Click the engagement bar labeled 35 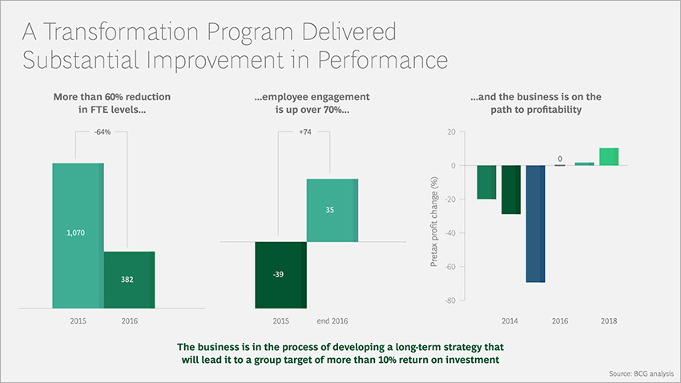(332, 210)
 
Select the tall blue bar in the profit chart (535, 224)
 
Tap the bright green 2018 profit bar (608, 156)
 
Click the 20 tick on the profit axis (451, 132)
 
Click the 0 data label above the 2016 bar (560, 157)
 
